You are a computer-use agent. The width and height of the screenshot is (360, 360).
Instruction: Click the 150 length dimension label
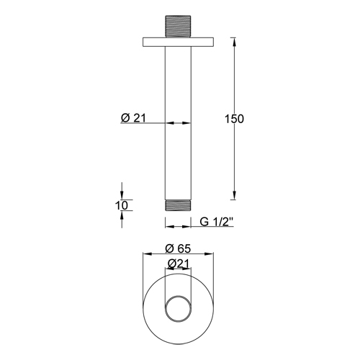pos(234,119)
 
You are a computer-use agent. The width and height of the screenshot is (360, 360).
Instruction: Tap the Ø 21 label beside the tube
pos(133,118)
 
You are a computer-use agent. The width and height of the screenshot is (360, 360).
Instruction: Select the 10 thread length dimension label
pos(122,205)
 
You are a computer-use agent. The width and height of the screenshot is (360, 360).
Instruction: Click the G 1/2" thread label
pos(217,222)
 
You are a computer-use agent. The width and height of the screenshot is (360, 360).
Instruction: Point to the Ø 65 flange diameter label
pos(178,248)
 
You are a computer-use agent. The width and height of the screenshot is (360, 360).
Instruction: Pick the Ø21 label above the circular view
pos(179,264)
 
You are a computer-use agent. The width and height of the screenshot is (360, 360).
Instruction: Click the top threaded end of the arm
pos(178,27)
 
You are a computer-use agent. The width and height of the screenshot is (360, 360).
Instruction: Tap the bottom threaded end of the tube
pos(178,205)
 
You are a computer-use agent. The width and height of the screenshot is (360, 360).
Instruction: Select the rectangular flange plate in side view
pos(178,42)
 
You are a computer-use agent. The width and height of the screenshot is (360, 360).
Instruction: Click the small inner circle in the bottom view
pos(178,297)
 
